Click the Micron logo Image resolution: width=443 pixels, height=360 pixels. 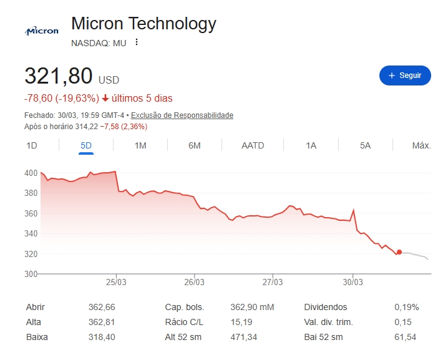pos(42,31)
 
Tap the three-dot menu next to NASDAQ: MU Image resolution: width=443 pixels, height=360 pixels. pos(137,42)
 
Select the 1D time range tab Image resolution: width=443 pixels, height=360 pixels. pos(32,145)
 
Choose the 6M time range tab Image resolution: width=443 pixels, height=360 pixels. pos(194,145)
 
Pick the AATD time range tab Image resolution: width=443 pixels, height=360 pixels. pos(253,145)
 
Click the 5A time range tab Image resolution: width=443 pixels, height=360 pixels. pos(365,145)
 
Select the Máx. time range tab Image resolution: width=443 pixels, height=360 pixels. pos(421,145)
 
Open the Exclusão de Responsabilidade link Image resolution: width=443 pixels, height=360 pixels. pos(182,115)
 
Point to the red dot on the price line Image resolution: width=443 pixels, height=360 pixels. pos(399,252)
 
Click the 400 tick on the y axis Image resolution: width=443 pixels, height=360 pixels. pos(31,173)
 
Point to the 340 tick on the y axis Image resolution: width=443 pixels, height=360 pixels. pos(31,233)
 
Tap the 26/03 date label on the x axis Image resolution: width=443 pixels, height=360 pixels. pos(195,282)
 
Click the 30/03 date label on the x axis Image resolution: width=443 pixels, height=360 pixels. pos(353,282)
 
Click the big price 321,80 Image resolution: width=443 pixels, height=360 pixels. pos(59,77)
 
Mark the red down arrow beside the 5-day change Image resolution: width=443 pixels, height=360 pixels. pos(105,99)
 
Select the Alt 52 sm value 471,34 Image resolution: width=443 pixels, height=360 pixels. pos(243,337)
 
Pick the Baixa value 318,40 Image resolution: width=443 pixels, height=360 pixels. pos(102,337)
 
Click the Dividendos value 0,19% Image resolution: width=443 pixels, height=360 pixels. pos(407,307)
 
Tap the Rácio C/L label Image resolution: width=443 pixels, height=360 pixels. pos(184,322)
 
